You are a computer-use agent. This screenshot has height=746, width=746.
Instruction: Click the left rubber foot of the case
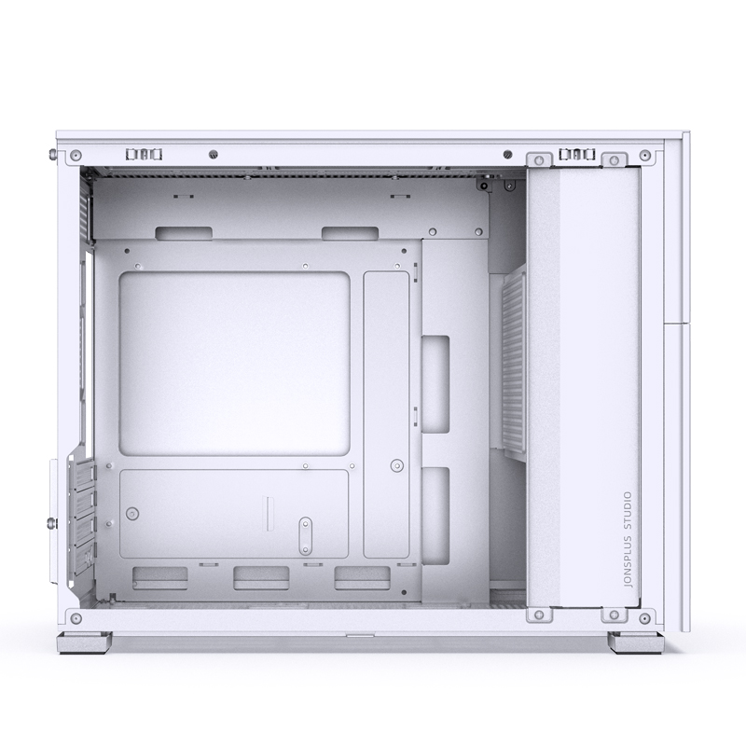[87, 643]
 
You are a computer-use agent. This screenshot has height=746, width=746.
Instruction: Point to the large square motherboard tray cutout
[238, 363]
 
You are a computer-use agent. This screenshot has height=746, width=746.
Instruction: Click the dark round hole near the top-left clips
[214, 153]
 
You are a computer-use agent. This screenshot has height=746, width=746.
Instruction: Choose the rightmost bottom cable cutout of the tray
[359, 577]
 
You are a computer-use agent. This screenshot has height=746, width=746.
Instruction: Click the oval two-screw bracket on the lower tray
[304, 536]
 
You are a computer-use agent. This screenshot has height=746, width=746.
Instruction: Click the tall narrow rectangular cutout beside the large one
[386, 365]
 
